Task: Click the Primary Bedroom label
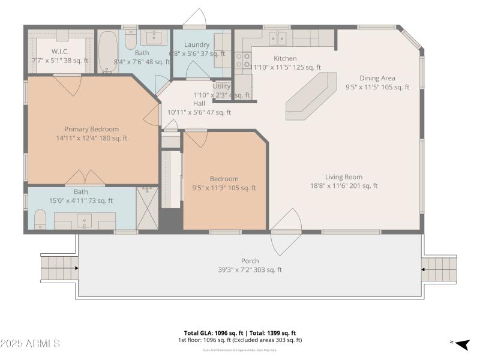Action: [x=92, y=129]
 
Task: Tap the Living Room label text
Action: [x=344, y=177]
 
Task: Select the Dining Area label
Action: [x=377, y=78]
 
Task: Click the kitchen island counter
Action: [x=311, y=96]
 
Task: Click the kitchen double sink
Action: [x=277, y=39]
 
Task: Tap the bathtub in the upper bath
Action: [x=108, y=52]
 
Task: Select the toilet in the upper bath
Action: [x=131, y=39]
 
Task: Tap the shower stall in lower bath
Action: [x=147, y=208]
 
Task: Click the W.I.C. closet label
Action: [x=60, y=52]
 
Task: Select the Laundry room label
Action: [x=197, y=45]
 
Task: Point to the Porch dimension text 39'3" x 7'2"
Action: [x=250, y=270]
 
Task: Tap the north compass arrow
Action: [x=461, y=344]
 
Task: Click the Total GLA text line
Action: [x=240, y=333]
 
